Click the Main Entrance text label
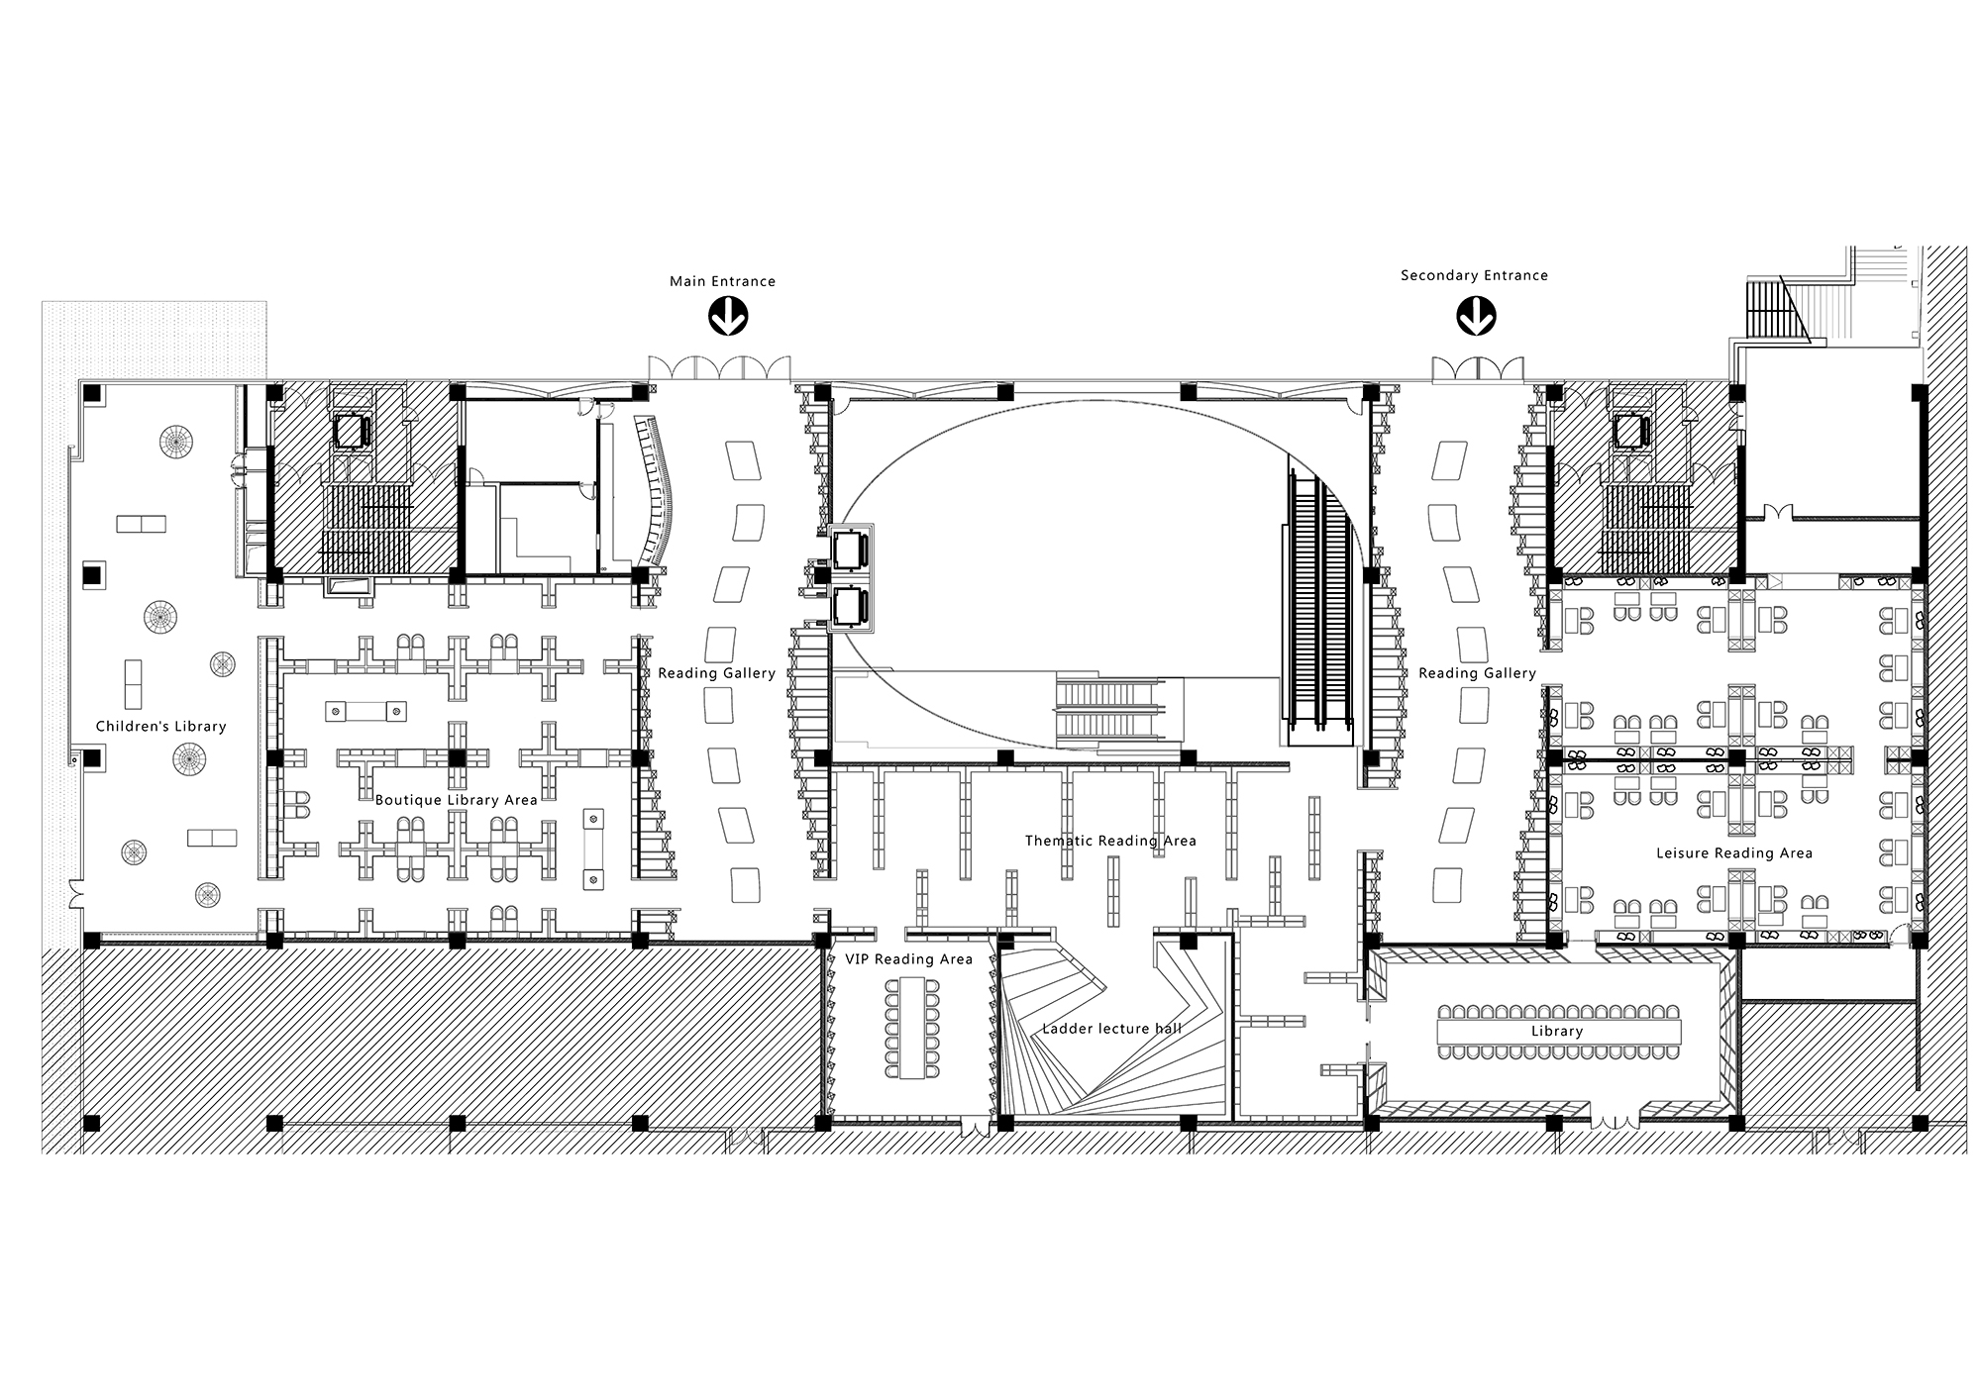coord(722,281)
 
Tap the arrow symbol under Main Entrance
coord(728,317)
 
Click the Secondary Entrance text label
coord(1474,275)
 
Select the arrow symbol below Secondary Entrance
coord(1476,317)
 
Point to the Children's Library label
coord(161,726)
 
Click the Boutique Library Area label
coord(456,799)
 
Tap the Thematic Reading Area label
coord(1110,841)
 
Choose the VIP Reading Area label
coord(908,958)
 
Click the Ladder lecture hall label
coord(1111,1028)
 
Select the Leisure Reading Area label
coord(1734,852)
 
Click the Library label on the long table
coord(1557,1031)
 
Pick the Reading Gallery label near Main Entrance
coord(717,673)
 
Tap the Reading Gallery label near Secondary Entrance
coord(1477,673)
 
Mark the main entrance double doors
coord(720,368)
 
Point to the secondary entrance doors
coord(1477,368)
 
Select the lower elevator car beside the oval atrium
coord(851,606)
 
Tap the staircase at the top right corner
coord(1772,310)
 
